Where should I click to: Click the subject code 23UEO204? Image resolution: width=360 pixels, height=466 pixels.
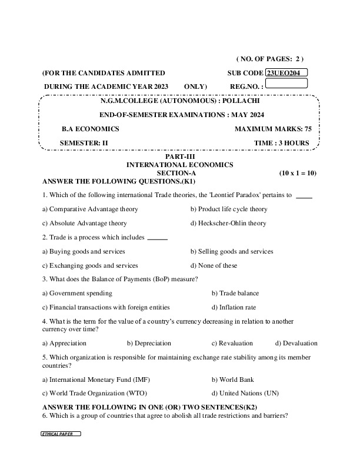pos(286,73)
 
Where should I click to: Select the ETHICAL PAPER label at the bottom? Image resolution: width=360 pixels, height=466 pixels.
pos(61,434)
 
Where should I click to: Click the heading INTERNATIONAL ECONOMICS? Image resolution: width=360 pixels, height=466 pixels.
pos(180,165)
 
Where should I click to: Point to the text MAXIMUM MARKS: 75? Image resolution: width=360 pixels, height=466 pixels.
pos(273,129)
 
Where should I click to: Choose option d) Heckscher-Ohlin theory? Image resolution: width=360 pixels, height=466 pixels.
pos(228,223)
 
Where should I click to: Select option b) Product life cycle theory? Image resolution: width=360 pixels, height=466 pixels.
pos(229,209)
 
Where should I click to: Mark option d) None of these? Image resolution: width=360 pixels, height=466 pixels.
pos(214,265)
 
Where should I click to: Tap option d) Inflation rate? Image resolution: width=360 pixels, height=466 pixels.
pos(234,307)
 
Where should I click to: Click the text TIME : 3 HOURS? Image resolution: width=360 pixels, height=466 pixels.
pos(282,143)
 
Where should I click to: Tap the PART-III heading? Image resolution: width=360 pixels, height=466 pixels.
pos(180,157)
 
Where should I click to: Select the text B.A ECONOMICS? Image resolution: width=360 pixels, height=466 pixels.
pos(91,129)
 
